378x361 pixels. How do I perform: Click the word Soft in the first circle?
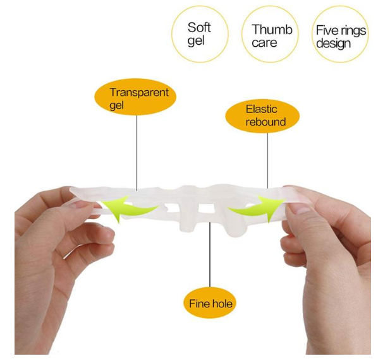(x=199, y=27)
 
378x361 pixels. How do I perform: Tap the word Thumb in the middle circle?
(x=272, y=30)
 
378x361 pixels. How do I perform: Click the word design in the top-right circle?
(x=333, y=44)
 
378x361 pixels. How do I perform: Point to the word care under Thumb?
(x=264, y=43)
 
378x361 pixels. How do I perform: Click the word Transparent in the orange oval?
(x=139, y=92)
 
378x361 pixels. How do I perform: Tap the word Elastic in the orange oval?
(x=261, y=109)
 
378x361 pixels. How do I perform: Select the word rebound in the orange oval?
(x=265, y=122)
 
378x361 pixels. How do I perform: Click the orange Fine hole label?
(x=210, y=303)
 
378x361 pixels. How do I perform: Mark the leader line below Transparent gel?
(x=137, y=153)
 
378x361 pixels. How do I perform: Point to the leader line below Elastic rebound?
(x=267, y=160)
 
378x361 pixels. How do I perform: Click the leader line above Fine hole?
(x=210, y=254)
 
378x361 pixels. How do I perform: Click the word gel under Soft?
(x=196, y=41)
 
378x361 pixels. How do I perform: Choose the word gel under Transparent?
(x=116, y=105)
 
